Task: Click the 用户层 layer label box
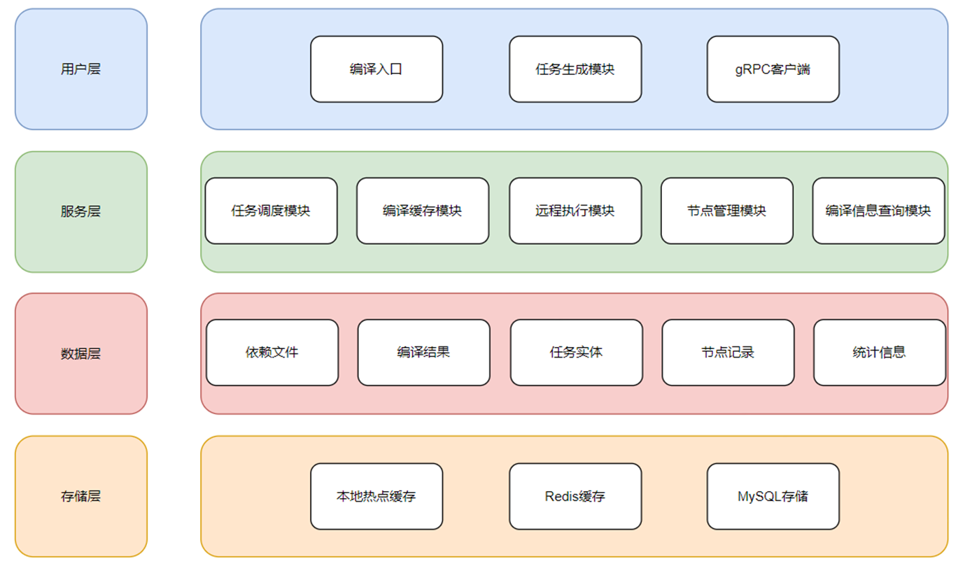click(x=81, y=69)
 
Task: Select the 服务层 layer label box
click(x=81, y=211)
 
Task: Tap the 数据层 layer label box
click(x=81, y=353)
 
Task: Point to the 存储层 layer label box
click(x=81, y=496)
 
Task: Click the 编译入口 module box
click(x=376, y=69)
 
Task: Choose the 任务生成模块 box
click(x=575, y=69)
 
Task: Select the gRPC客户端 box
click(x=773, y=69)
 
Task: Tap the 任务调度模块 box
click(x=271, y=211)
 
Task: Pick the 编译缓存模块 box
click(x=423, y=211)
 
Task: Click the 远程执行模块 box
click(x=575, y=211)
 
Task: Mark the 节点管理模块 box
click(x=727, y=211)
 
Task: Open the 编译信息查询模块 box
click(x=878, y=211)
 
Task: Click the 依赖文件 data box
click(x=272, y=353)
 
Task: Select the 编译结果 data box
click(x=423, y=353)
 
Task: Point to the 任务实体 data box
click(x=576, y=353)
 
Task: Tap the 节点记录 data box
click(x=728, y=353)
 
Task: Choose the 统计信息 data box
click(x=880, y=353)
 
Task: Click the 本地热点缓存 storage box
click(x=376, y=496)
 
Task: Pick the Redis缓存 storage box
click(x=575, y=496)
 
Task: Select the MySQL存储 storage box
click(x=773, y=496)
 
